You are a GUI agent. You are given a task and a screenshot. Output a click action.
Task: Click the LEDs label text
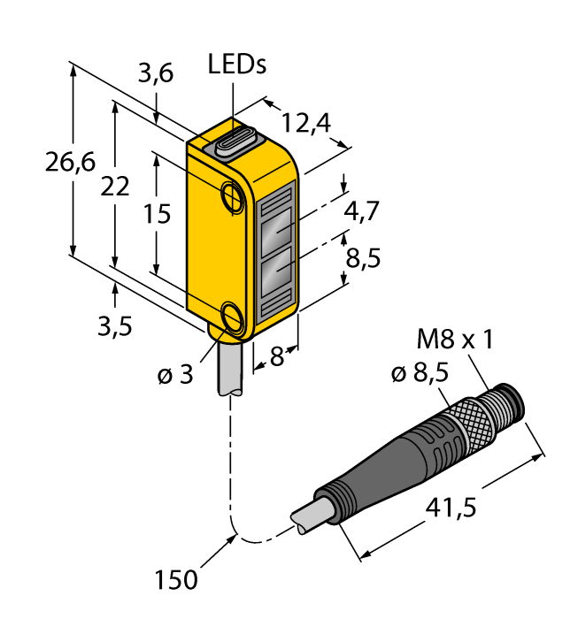tap(236, 65)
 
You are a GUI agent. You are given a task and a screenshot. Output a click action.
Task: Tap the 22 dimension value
tap(114, 187)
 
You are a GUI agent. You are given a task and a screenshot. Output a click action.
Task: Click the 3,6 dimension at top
tap(156, 75)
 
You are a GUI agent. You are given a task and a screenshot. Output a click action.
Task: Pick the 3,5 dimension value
tap(114, 326)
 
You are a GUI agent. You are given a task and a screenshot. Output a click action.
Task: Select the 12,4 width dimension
tap(305, 124)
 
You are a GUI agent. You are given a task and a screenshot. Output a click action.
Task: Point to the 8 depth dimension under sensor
tap(275, 357)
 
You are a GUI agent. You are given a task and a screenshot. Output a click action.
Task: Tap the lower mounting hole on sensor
tap(235, 316)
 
